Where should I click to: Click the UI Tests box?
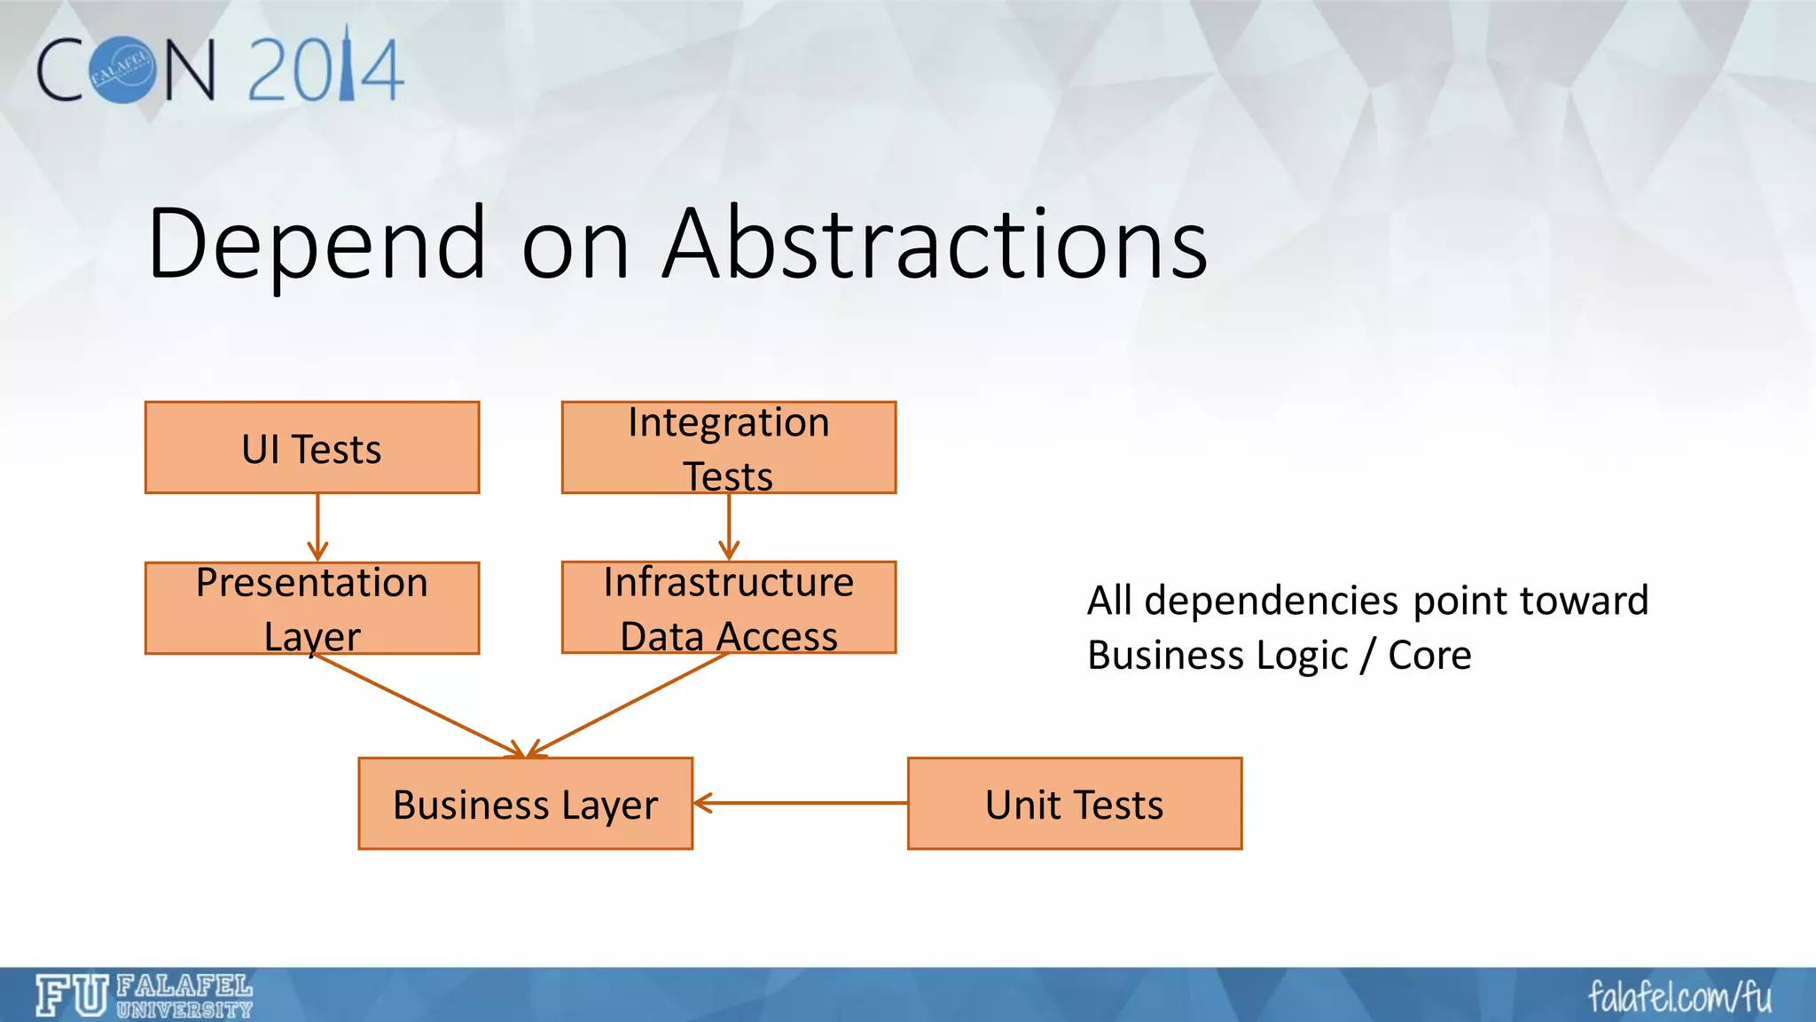(312, 448)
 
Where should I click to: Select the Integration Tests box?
(728, 448)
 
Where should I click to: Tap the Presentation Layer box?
(312, 609)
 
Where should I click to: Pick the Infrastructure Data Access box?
(728, 609)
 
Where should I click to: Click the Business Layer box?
(525, 804)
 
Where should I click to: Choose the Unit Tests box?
(1074, 804)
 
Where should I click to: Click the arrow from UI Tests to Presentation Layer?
(317, 527)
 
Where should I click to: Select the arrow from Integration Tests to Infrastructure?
(729, 527)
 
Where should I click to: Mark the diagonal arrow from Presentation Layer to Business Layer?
(417, 705)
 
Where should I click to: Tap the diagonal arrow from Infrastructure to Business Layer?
(630, 704)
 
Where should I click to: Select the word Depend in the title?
(317, 243)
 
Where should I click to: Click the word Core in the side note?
(1429, 656)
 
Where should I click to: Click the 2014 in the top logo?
(325, 68)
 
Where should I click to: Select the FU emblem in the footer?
(72, 995)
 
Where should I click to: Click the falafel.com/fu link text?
(1679, 996)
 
